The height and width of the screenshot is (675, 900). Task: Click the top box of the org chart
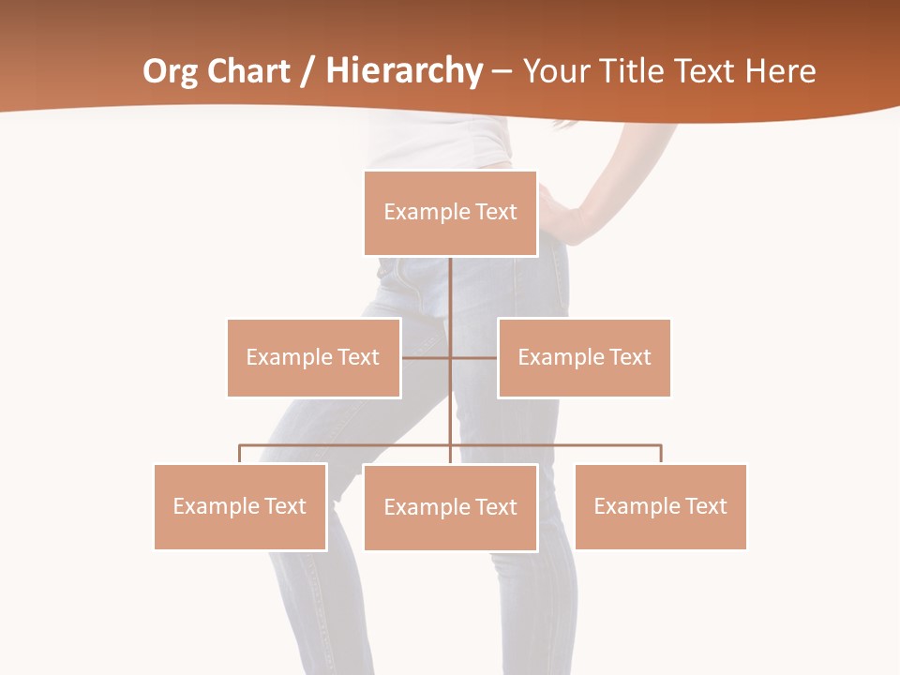(450, 213)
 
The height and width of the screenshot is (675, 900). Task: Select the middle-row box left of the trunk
(313, 357)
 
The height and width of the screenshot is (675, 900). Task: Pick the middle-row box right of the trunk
(584, 357)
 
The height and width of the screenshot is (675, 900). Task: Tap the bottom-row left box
(240, 506)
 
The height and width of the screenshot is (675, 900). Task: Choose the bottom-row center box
(450, 507)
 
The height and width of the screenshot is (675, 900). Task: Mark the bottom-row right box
(660, 506)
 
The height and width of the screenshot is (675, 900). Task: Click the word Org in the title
(170, 72)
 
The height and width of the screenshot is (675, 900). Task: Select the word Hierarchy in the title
(404, 72)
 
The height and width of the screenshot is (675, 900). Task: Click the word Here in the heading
(780, 71)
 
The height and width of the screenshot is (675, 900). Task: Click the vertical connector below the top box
(450, 291)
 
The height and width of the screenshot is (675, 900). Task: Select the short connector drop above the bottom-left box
(240, 454)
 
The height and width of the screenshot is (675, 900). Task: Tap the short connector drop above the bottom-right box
(661, 454)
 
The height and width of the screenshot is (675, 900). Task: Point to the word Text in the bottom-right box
(706, 506)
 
